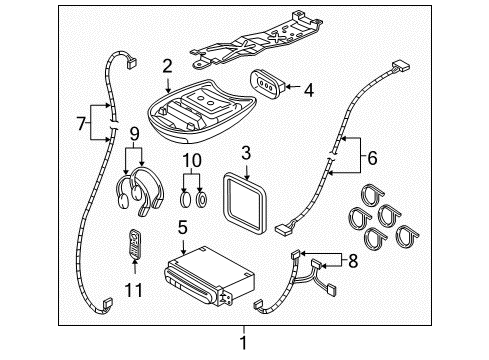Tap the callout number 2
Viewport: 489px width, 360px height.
166,67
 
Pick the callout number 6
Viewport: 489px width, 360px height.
372,156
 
